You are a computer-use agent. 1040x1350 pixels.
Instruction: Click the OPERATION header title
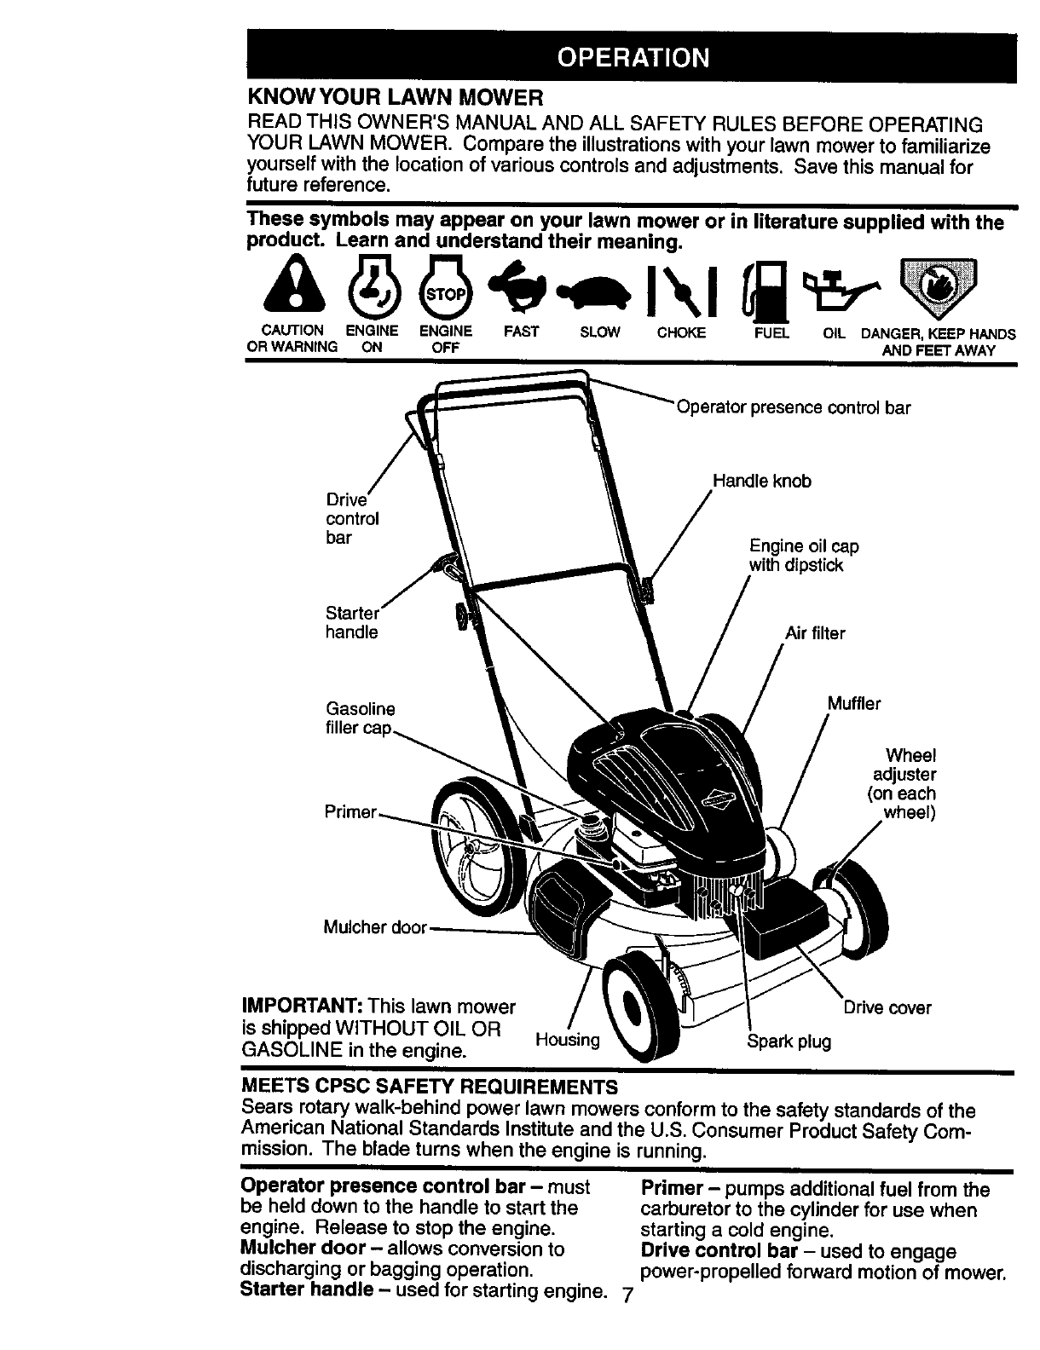pos(632,57)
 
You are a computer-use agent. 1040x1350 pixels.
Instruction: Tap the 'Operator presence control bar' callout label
pos(793,408)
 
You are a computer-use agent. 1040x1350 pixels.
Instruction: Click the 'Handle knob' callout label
pos(761,482)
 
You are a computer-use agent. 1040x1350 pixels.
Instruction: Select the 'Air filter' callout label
pos(814,633)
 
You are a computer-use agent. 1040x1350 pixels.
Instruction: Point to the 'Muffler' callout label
pos(853,704)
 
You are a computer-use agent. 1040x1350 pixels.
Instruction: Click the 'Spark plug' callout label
pos(789,1041)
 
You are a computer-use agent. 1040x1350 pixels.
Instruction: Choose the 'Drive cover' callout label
pos(887,1008)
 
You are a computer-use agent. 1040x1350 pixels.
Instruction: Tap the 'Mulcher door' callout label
pos(375,927)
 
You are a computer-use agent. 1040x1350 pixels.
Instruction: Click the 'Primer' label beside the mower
pos(350,812)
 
